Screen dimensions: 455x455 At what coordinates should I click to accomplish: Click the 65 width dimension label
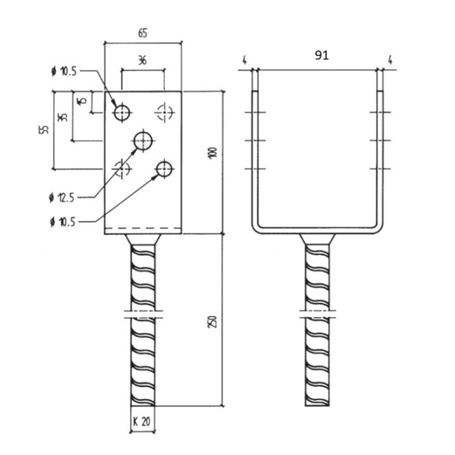point(142,34)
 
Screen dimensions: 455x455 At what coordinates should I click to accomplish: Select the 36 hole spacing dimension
point(142,61)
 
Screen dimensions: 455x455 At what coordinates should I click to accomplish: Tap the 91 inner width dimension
point(322,55)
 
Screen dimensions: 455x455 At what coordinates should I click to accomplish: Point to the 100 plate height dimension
point(213,152)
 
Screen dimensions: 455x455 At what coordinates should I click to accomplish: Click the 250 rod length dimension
point(213,322)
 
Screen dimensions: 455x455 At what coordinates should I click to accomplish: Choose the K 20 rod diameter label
point(142,421)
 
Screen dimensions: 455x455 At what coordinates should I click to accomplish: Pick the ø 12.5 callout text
point(62,198)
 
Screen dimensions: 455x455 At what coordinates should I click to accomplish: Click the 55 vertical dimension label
point(44,129)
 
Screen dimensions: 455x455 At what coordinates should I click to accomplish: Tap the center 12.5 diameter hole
point(143,141)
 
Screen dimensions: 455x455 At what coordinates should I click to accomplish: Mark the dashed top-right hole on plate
point(165,112)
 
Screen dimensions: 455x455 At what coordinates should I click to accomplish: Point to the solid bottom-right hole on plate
point(165,169)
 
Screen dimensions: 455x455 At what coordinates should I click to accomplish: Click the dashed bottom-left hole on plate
point(122,169)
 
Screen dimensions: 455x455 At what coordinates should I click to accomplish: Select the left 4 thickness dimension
point(245,61)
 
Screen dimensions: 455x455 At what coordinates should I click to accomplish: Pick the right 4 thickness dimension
point(390,61)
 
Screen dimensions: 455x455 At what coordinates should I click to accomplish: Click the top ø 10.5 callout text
point(64,71)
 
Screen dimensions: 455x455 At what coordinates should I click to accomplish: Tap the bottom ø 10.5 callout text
point(63,222)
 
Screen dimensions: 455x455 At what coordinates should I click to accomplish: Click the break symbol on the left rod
point(143,315)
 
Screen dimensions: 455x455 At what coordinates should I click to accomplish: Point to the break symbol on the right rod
point(317,315)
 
